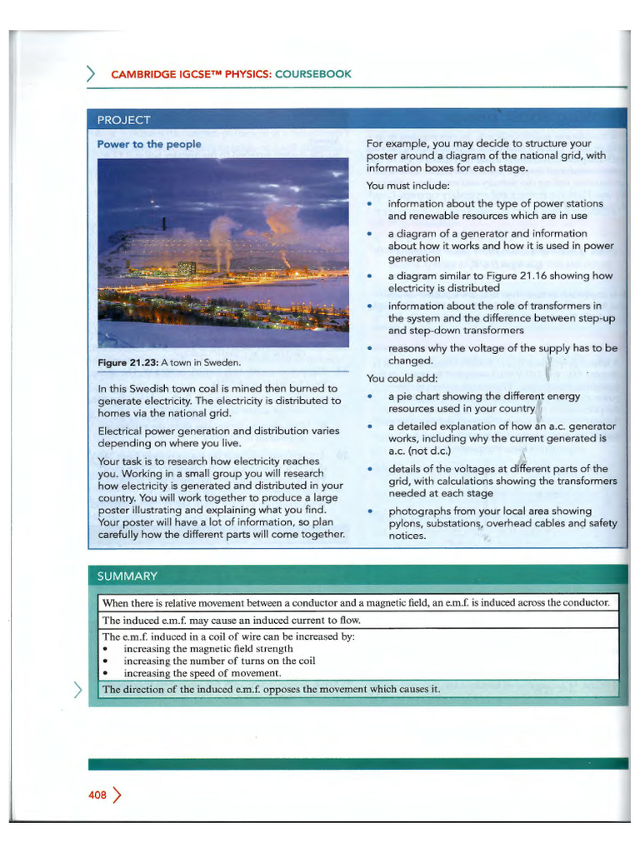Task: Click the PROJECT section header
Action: (x=124, y=119)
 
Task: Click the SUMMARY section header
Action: (x=127, y=576)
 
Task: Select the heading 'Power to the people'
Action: (x=149, y=144)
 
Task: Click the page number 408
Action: (x=97, y=795)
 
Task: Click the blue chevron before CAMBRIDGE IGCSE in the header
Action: (x=92, y=74)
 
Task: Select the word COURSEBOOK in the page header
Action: (x=313, y=74)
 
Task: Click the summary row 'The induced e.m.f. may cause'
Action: (x=232, y=620)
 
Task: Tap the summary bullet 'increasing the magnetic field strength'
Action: (x=207, y=648)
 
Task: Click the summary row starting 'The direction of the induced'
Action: (x=270, y=689)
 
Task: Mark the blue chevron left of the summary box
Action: (x=78, y=688)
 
